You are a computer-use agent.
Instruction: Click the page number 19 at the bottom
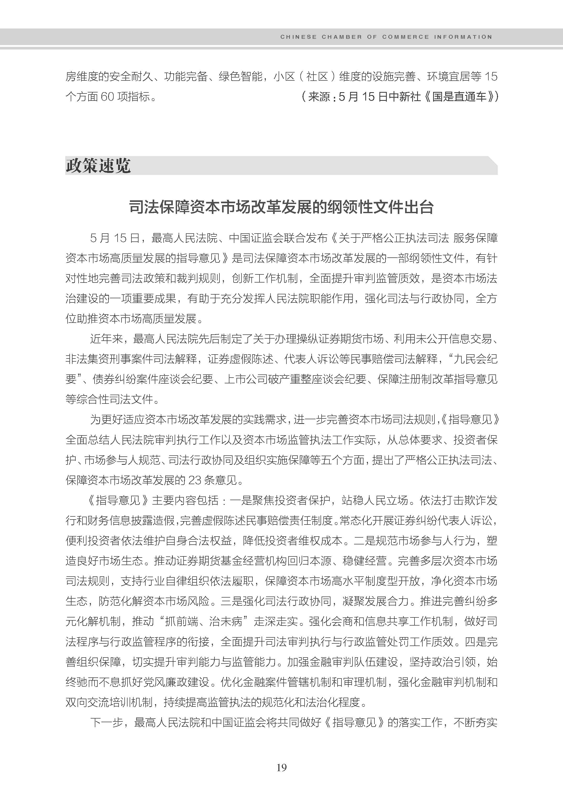(281, 767)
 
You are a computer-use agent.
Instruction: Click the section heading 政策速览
(98, 166)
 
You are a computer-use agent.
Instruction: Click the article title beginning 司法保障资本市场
(281, 207)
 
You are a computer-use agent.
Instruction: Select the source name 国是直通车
(459, 97)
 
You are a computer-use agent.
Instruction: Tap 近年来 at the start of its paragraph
(107, 339)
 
